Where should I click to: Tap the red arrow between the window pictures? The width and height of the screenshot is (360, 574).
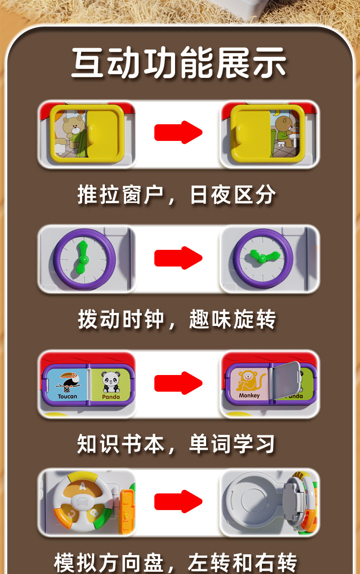[x=178, y=132]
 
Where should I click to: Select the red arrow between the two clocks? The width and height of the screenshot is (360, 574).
[x=178, y=258]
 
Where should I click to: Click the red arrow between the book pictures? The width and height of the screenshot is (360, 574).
[x=178, y=383]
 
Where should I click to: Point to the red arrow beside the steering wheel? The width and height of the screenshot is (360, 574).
[x=178, y=502]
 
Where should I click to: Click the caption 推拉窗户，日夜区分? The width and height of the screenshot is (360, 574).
[x=176, y=195]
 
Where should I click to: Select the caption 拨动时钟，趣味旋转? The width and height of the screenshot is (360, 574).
[x=176, y=320]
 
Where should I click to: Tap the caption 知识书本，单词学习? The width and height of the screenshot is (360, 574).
[x=176, y=444]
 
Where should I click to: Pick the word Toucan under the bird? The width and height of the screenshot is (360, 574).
[x=67, y=397]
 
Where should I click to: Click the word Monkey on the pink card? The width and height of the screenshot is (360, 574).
[x=249, y=395]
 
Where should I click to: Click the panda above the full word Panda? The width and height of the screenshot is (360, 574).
[x=110, y=381]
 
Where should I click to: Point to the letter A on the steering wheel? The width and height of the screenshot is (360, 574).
[x=81, y=484]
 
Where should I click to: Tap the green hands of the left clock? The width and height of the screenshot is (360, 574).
[x=82, y=258]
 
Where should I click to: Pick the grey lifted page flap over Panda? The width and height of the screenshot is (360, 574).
[x=286, y=380]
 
